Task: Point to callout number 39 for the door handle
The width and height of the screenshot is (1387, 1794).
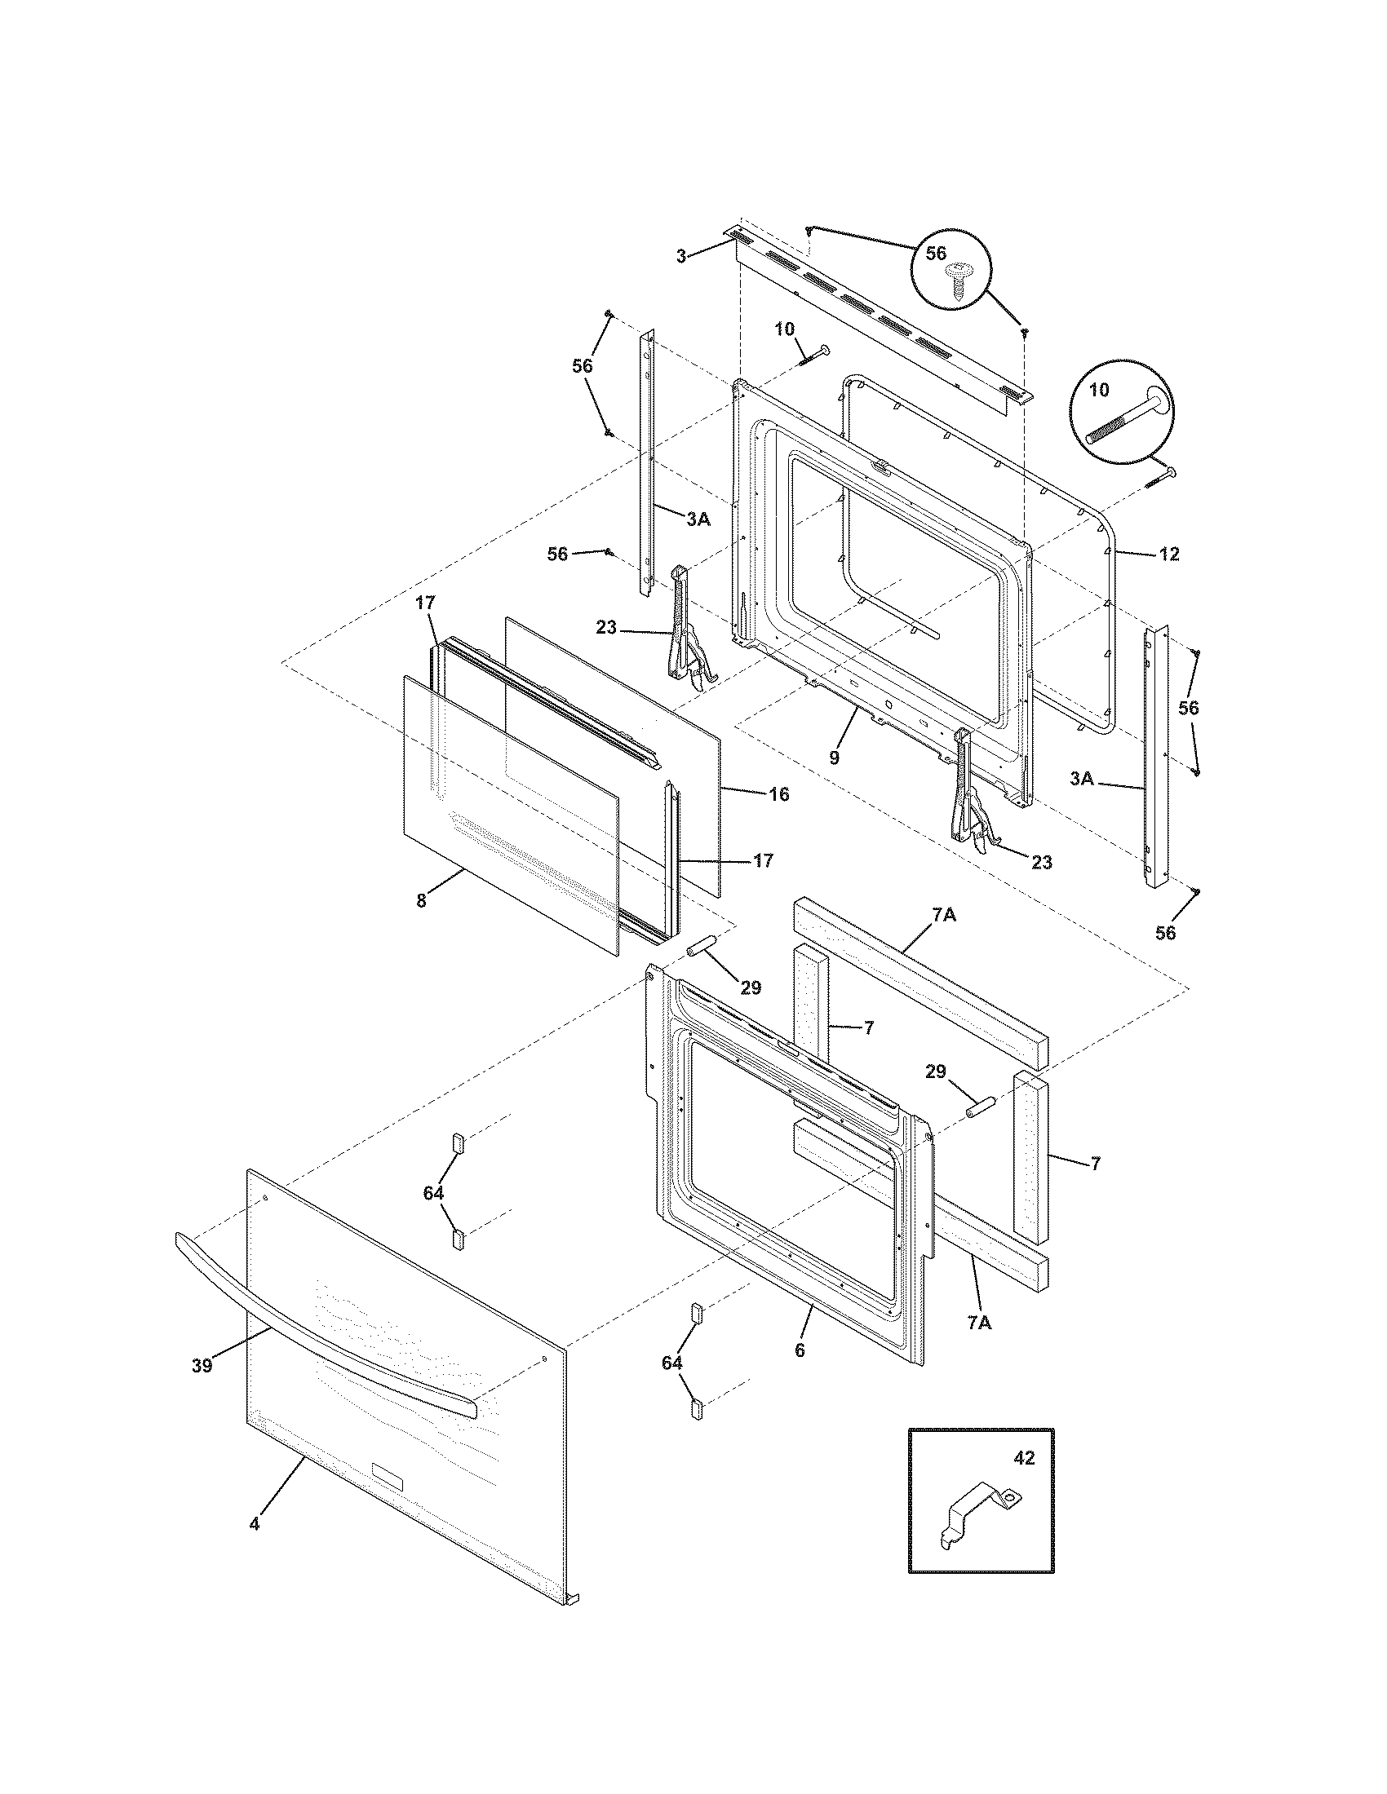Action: (x=202, y=1365)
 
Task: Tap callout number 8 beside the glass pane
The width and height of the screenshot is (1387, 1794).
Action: (x=421, y=900)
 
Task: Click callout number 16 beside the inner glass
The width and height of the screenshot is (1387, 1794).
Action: (x=778, y=793)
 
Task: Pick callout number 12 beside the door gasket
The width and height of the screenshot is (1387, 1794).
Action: (x=1168, y=555)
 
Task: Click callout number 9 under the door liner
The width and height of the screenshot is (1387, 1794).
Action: (x=834, y=758)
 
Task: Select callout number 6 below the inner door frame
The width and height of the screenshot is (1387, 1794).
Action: (x=800, y=1350)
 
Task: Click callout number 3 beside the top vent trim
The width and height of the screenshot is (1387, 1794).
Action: (x=680, y=256)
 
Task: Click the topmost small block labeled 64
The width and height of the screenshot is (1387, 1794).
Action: (x=457, y=1143)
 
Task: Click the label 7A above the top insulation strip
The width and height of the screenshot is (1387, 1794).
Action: (x=943, y=914)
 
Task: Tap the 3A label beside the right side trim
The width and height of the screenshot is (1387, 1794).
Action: (x=1082, y=779)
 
